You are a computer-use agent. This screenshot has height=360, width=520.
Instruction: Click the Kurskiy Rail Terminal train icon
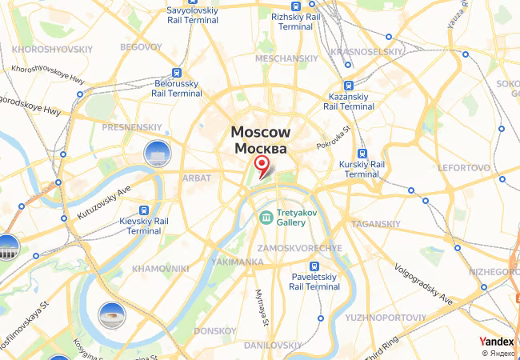click(x=362, y=154)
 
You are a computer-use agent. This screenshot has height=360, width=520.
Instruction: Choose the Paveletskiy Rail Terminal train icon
click(x=314, y=266)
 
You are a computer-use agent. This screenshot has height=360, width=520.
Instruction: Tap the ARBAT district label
click(x=197, y=178)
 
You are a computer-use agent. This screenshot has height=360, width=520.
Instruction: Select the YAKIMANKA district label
click(x=237, y=262)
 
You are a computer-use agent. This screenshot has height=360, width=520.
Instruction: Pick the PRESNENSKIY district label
click(x=134, y=126)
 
